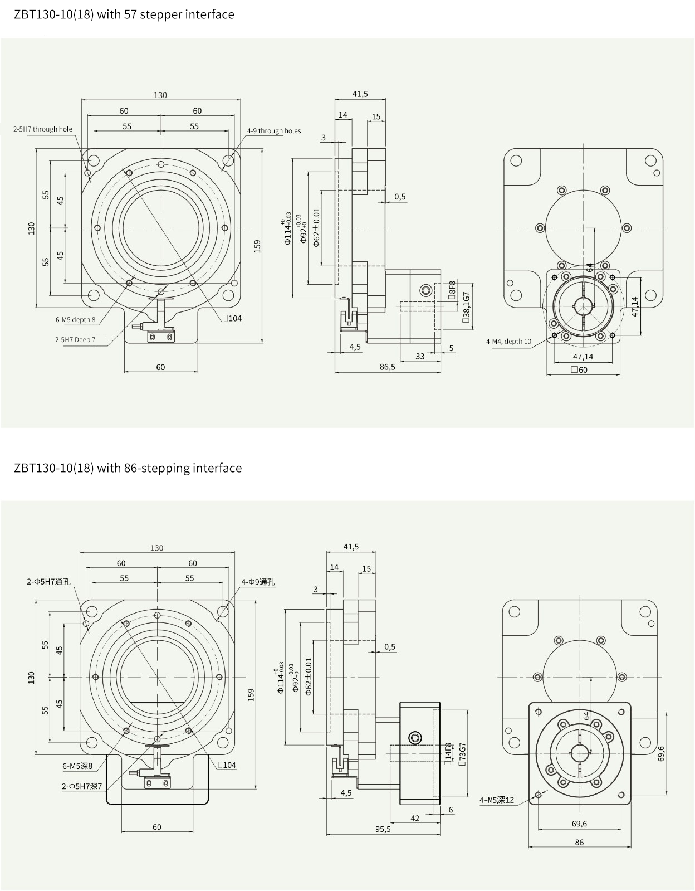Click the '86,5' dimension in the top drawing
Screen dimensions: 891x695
(x=387, y=367)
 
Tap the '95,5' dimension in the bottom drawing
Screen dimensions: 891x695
(x=383, y=829)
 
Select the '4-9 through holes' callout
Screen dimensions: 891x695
(x=274, y=131)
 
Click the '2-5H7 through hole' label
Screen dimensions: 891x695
(x=43, y=129)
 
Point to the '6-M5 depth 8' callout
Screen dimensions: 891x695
(x=75, y=320)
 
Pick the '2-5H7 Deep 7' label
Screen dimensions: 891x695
(x=75, y=339)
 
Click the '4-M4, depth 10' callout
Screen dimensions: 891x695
(x=508, y=341)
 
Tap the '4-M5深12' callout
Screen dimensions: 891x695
(x=497, y=800)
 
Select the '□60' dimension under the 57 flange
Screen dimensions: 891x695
(x=579, y=369)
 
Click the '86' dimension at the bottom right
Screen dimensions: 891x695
(x=579, y=842)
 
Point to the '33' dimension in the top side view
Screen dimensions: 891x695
(x=420, y=356)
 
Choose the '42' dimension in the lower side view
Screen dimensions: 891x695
(x=415, y=818)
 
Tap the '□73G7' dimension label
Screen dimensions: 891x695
(x=462, y=755)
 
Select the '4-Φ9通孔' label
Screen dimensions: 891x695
(x=258, y=582)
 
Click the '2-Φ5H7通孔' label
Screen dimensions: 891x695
(x=49, y=582)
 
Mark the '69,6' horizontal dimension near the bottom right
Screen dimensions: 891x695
(x=579, y=823)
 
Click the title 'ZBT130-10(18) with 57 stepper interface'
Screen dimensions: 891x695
(x=124, y=14)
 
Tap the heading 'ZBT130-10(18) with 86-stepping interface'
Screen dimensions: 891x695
(x=128, y=468)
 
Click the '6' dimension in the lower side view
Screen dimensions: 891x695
(x=451, y=810)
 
